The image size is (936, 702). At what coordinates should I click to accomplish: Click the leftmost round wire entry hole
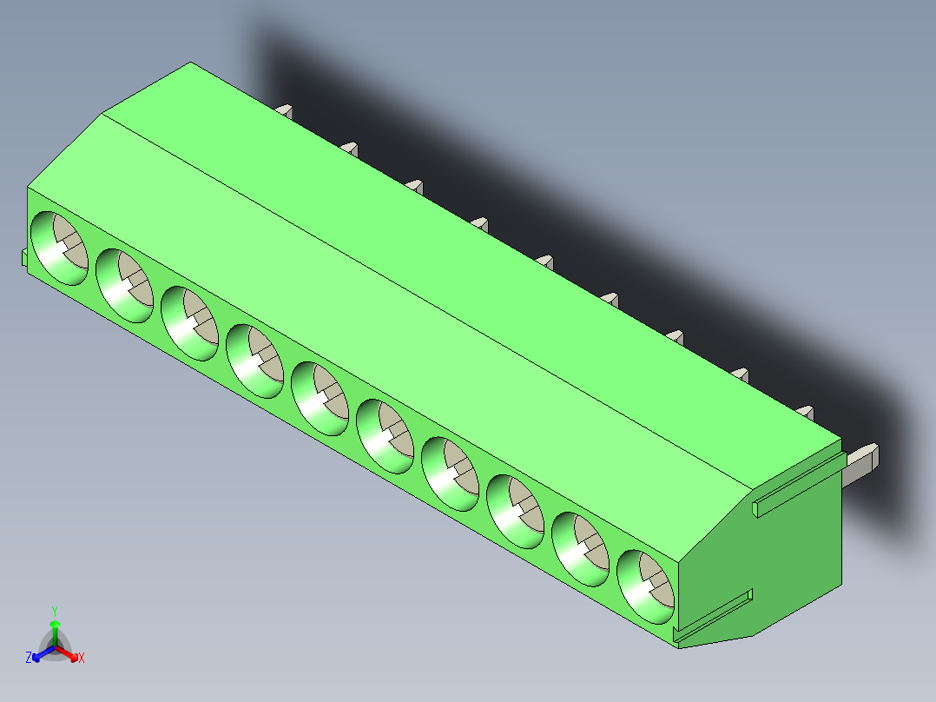point(59,248)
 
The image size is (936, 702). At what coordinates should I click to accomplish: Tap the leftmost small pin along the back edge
point(285,110)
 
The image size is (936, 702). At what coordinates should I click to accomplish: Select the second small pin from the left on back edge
point(350,148)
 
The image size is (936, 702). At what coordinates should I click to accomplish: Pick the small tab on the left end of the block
point(23,256)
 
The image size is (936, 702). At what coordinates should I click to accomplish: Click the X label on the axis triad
point(82,659)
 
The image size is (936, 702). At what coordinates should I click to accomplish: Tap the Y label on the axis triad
point(54,611)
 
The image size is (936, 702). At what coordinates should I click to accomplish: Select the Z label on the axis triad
point(29,659)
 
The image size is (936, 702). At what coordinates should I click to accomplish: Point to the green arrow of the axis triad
point(54,627)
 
